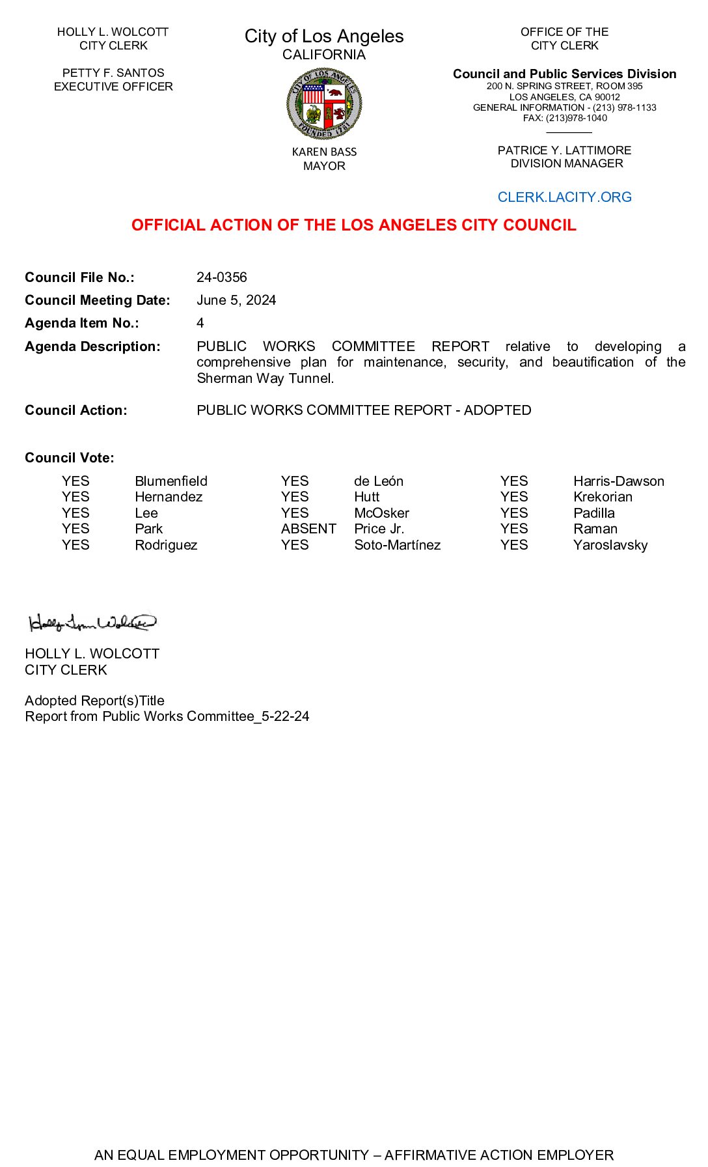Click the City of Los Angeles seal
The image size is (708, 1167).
(x=324, y=104)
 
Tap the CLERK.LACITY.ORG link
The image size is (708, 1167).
(x=564, y=197)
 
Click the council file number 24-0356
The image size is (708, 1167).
(x=222, y=277)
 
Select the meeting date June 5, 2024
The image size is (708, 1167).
(x=236, y=300)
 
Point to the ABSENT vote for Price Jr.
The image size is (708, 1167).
(x=308, y=529)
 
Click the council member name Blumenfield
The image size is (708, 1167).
(x=171, y=481)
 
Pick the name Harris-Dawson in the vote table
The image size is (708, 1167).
(x=618, y=481)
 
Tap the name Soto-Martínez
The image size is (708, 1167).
(x=397, y=545)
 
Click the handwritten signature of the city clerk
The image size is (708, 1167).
(x=92, y=623)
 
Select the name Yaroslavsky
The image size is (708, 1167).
(x=610, y=545)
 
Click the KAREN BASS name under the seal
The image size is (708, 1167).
(x=324, y=152)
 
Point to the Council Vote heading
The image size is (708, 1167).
(x=70, y=458)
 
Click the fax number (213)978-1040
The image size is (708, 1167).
(x=576, y=118)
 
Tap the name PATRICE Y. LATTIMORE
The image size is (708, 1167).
(x=564, y=150)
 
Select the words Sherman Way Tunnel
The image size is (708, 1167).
(x=265, y=378)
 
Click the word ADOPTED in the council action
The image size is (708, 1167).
(x=497, y=410)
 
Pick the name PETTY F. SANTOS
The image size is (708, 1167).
(x=113, y=73)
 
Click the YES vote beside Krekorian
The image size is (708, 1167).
(x=514, y=497)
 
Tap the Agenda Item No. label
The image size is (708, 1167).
(x=82, y=323)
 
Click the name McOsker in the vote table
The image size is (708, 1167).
(x=381, y=513)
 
